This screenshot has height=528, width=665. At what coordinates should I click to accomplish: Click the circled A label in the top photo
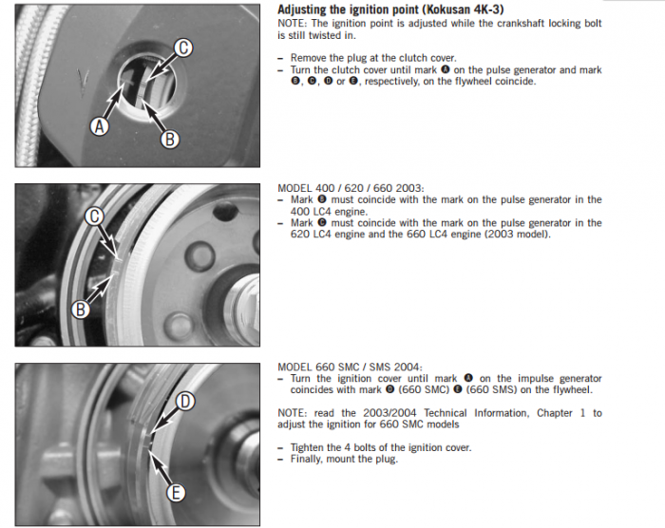coord(100,126)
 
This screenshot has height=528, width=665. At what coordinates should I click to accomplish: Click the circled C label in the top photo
coord(183,47)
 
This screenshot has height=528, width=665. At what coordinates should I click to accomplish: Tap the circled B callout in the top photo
coord(170,139)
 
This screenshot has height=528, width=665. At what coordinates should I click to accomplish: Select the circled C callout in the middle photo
coord(94,217)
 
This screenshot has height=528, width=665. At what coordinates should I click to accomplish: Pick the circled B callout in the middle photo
coord(80,310)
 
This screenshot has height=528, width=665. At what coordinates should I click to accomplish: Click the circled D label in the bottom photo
coord(185,401)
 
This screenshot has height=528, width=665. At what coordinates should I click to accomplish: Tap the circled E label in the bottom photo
coord(175,492)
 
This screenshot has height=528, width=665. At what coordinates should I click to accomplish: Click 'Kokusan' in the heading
coord(441,9)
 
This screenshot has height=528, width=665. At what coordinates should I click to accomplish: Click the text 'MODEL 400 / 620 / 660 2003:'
coord(351,188)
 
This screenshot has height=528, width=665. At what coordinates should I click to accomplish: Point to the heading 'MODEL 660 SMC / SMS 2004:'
coord(350,367)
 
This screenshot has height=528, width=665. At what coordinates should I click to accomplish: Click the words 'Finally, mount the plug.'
coord(344,459)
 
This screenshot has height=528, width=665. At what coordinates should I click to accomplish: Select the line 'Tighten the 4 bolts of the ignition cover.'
coord(381,447)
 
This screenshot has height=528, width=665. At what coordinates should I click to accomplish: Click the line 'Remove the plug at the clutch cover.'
coord(373,58)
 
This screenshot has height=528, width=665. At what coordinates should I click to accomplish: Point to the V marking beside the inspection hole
coord(83,82)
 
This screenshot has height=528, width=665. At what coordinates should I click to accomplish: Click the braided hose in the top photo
coord(30,85)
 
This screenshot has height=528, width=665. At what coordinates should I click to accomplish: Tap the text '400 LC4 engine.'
coord(329,211)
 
